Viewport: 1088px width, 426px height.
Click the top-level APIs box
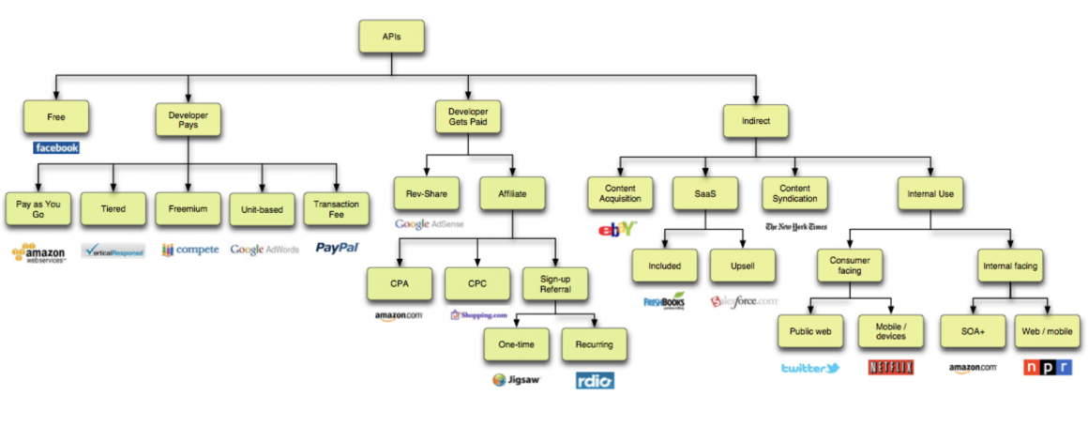[x=391, y=36]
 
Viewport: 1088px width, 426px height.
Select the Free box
[x=56, y=117]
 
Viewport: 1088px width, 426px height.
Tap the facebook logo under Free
[x=56, y=148]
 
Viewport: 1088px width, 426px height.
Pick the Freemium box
[x=188, y=208]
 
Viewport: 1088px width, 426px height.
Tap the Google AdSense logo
[x=429, y=224]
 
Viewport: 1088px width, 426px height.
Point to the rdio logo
[x=595, y=381]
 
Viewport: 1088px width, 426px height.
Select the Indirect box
[x=756, y=120]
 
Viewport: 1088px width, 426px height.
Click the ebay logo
[x=617, y=228]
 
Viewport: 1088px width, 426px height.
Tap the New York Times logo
[x=795, y=227]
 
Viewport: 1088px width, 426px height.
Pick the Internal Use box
[x=931, y=194]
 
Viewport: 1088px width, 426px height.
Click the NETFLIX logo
[x=891, y=368]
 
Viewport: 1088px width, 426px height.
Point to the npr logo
[x=1048, y=368]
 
